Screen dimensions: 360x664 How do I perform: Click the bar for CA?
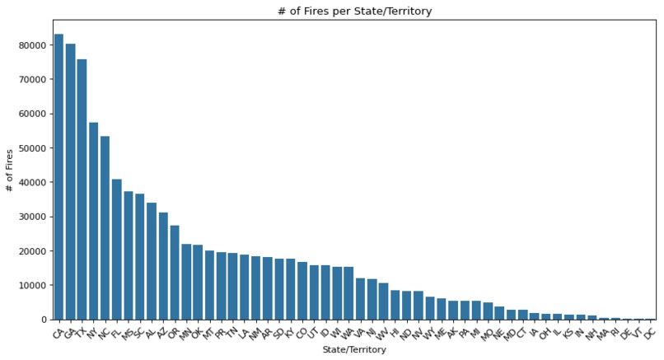click(x=58, y=177)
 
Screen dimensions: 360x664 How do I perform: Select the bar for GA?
click(x=70, y=182)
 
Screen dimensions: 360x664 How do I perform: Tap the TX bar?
click(x=82, y=189)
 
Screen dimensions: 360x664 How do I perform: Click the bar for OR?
click(x=175, y=273)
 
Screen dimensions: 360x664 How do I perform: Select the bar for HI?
click(x=395, y=305)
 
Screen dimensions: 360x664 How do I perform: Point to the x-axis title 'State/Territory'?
click(x=354, y=350)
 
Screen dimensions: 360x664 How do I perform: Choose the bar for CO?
click(x=302, y=291)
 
